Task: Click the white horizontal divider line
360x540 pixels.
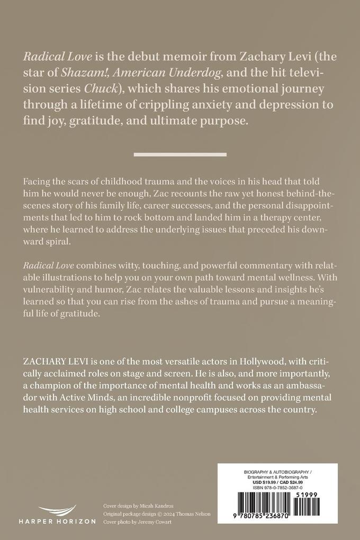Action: tap(180, 155)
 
